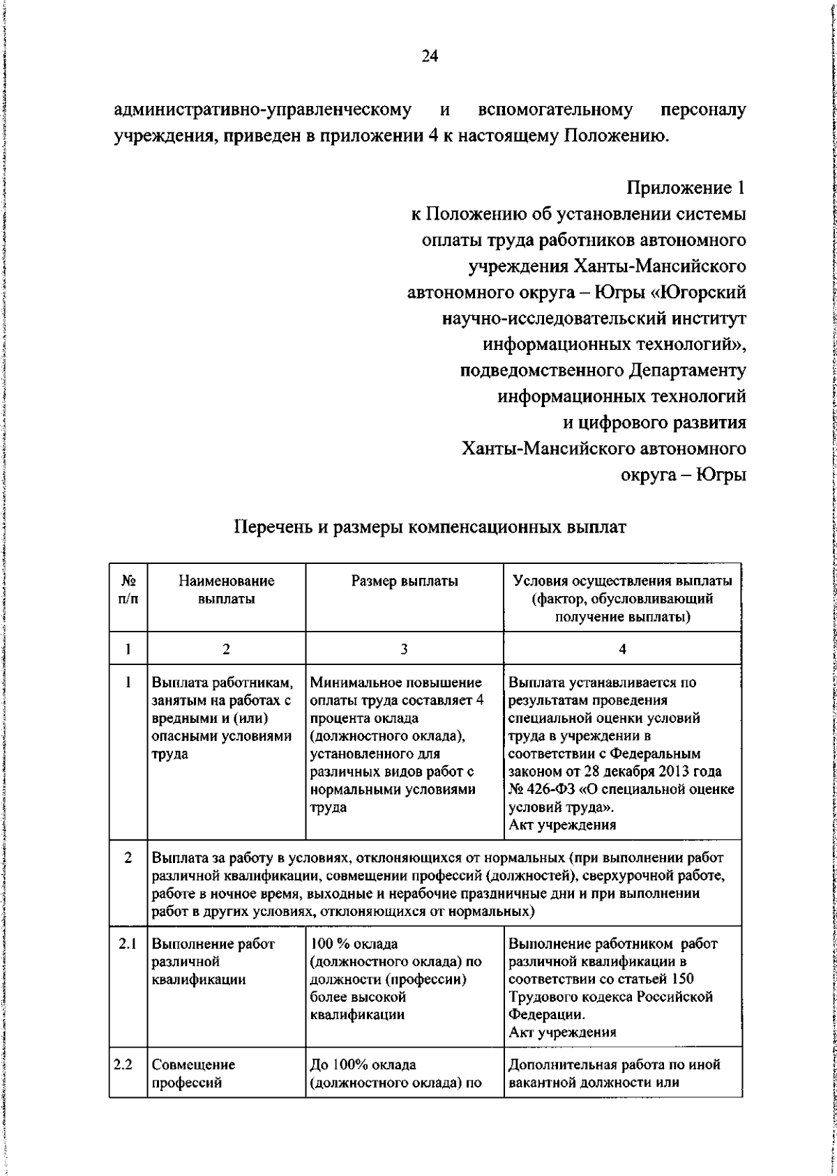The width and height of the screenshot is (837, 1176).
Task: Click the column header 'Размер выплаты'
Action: (405, 581)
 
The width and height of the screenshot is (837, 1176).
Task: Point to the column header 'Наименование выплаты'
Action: (226, 590)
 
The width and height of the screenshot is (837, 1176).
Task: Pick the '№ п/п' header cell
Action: (128, 590)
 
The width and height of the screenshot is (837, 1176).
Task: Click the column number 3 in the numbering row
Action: (404, 648)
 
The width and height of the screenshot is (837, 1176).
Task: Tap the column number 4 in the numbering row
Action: (622, 648)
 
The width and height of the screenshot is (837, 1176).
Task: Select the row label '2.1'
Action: (127, 944)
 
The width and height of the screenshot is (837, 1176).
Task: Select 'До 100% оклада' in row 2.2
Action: (362, 1065)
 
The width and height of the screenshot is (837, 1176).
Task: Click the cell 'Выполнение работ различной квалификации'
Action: (213, 962)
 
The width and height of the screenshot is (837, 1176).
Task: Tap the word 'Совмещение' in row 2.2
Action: (193, 1065)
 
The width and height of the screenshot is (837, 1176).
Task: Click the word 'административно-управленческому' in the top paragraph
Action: (261, 110)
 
